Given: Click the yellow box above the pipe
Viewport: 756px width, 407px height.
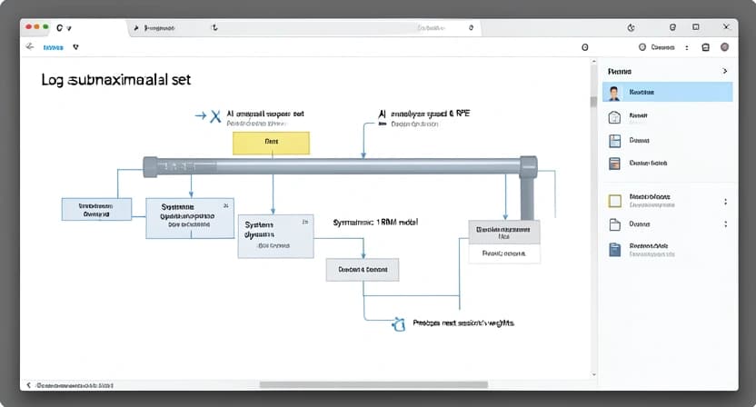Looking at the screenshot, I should point(271,143).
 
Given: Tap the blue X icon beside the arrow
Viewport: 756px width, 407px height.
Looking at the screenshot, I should point(215,116).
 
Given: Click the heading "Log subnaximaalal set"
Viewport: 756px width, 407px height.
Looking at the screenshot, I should point(116,80).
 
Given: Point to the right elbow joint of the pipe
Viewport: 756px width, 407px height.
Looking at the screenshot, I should point(526,166).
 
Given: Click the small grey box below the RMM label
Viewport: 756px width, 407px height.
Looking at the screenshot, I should point(363,270).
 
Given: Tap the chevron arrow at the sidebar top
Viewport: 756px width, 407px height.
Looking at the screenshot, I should point(724,70).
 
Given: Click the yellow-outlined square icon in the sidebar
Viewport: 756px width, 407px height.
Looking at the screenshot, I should point(614,200).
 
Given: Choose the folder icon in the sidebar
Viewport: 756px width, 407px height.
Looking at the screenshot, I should point(614,224).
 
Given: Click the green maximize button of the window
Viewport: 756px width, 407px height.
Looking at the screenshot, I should point(45,28).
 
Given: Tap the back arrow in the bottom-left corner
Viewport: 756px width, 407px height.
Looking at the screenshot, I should point(27,384).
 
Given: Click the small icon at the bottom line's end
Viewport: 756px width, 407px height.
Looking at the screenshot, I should point(396,323).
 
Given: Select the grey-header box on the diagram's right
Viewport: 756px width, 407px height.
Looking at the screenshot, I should point(503,241).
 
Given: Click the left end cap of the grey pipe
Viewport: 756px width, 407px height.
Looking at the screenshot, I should point(151,166).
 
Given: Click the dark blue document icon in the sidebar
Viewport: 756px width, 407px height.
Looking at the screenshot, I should point(614,249).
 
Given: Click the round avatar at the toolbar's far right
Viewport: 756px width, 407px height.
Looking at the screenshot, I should point(725,47).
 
